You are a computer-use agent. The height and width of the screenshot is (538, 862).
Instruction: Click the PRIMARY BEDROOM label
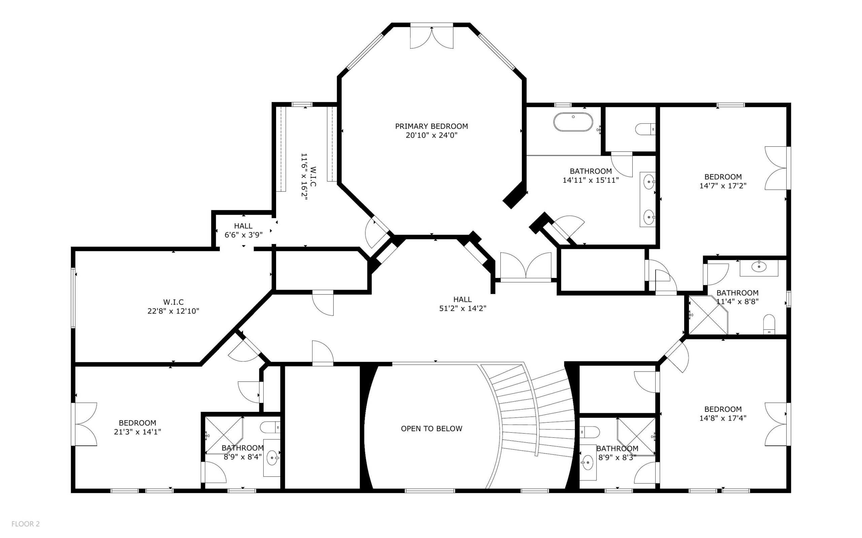(431, 126)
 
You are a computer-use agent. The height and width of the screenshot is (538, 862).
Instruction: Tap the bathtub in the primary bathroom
(573, 122)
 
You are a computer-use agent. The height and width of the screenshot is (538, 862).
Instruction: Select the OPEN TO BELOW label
(432, 428)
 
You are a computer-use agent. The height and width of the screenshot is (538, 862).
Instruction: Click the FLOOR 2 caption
(26, 524)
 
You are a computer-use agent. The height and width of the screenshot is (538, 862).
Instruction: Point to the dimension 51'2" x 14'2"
(463, 308)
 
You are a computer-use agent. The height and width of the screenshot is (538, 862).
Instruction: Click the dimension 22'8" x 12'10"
(173, 311)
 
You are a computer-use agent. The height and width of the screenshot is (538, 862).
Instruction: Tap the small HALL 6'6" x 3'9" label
(243, 230)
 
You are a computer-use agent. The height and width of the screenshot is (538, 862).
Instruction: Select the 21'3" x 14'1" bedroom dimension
(137, 432)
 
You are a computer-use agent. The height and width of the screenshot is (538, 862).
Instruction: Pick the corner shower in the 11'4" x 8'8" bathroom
(708, 315)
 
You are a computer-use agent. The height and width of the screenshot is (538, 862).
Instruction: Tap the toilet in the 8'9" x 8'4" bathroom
(270, 427)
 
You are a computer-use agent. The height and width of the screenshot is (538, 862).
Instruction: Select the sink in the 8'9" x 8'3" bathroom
(588, 463)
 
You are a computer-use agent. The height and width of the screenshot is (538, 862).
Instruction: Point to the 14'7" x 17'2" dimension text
(723, 185)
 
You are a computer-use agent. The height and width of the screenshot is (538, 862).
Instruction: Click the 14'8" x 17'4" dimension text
(723, 418)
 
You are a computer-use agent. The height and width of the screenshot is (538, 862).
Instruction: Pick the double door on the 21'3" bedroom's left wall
(85, 424)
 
